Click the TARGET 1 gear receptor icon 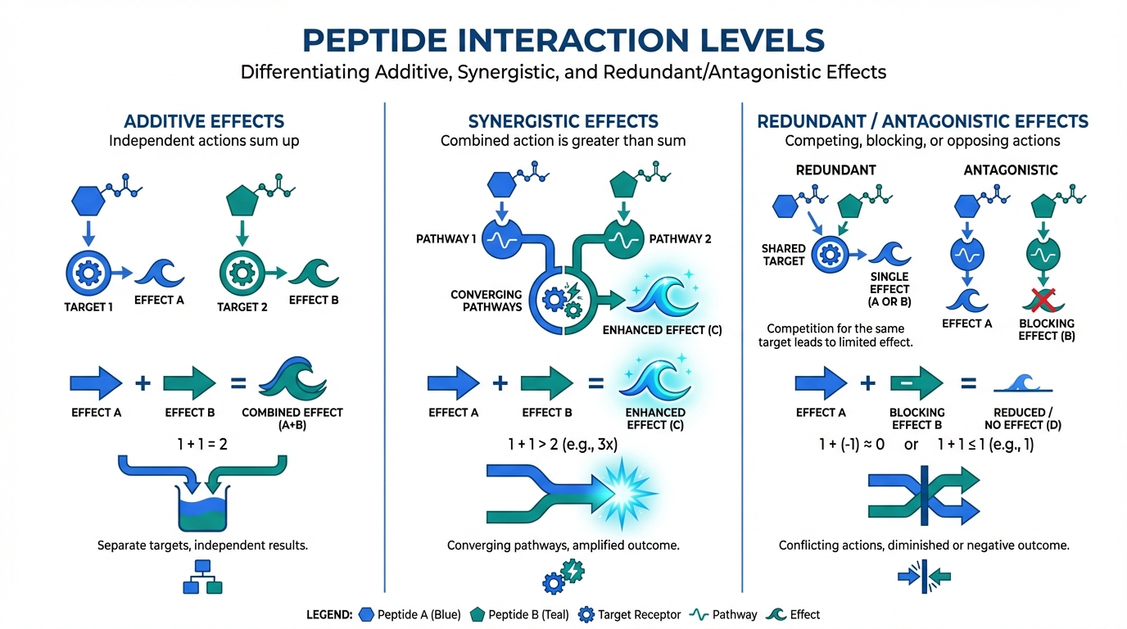click(x=86, y=273)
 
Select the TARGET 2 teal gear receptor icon click(x=242, y=273)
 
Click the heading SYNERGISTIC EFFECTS click(x=563, y=122)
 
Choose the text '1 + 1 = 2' click(x=202, y=445)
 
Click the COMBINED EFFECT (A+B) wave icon click(x=292, y=381)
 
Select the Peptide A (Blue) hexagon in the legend click(x=367, y=614)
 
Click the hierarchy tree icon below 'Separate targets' click(x=201, y=577)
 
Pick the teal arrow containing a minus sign click(x=916, y=382)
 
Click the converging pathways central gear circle click(x=561, y=300)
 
